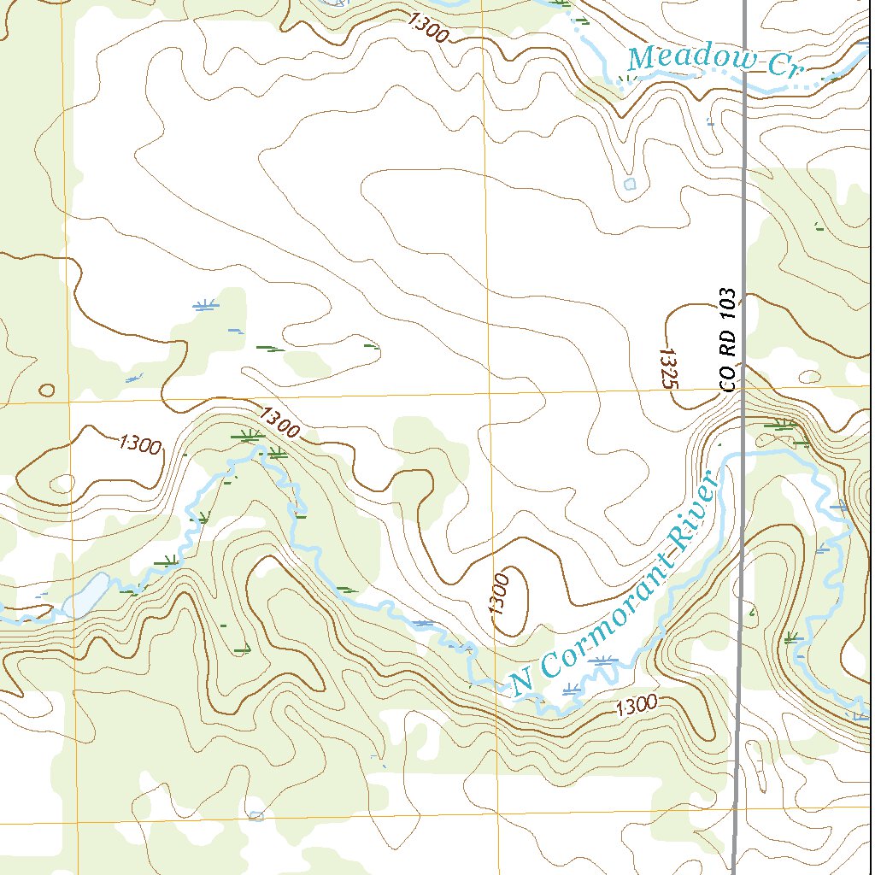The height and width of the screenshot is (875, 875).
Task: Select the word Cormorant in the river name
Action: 604,616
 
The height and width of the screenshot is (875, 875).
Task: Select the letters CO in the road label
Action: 727,380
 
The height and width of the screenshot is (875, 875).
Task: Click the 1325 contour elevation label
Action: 668,367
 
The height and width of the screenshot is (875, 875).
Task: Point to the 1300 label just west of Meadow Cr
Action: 428,28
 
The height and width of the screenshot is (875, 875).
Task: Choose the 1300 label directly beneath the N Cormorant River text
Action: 636,705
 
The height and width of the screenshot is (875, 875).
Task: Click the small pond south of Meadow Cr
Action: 630,184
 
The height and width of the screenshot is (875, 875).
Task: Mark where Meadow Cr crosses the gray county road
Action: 745,73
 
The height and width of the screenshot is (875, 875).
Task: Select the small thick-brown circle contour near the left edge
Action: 47,391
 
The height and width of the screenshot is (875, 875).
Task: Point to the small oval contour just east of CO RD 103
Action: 807,376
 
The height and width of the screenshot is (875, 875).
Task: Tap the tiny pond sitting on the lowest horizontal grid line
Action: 255,816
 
